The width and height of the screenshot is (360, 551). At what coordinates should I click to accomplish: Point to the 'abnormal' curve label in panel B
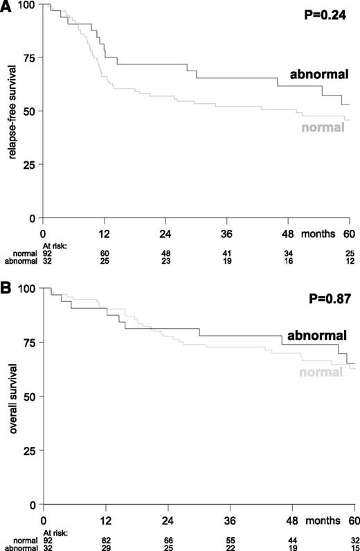coord(317,335)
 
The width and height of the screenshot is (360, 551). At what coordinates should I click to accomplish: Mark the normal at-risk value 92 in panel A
coord(46,253)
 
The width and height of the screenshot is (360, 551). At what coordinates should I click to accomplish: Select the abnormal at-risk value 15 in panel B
coord(352,545)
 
